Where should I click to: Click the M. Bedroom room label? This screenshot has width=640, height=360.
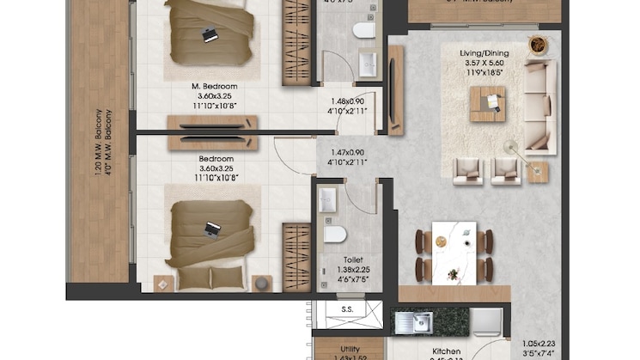[214, 87]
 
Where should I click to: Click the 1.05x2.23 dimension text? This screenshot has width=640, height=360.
[545, 341]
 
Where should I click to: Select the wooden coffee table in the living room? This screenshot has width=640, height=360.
[487, 104]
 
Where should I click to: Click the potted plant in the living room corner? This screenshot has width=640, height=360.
[538, 44]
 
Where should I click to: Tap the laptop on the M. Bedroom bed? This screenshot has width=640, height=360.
[209, 35]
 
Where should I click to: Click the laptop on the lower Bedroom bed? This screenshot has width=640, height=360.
[212, 229]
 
